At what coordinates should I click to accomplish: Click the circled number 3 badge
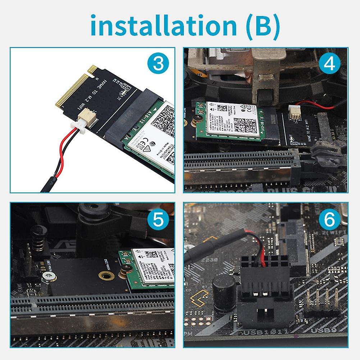(157, 65)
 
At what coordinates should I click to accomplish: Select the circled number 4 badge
(330, 65)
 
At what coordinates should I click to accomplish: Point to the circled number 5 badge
(157, 219)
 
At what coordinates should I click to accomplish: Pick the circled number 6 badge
(330, 219)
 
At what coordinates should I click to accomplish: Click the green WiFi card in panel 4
(230, 122)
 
